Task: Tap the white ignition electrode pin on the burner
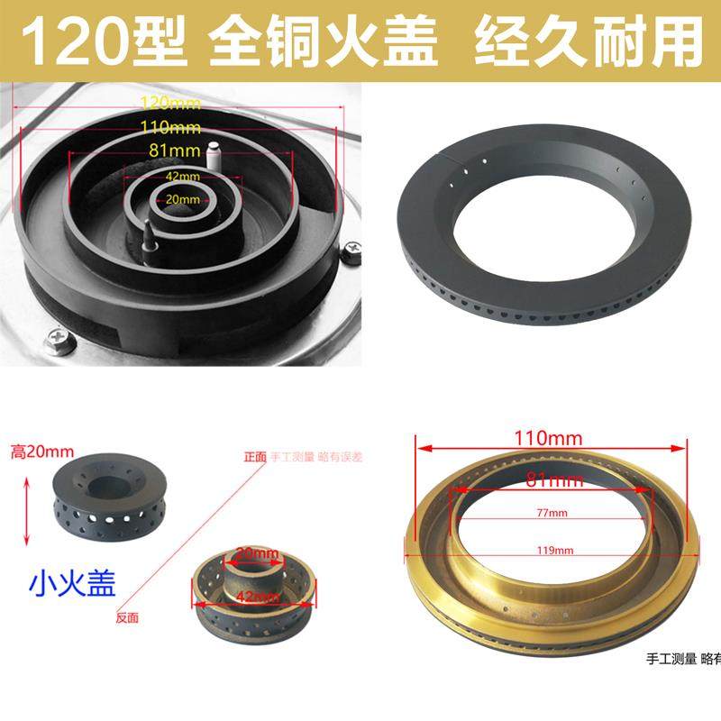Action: pos(214,154)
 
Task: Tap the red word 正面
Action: pos(256,457)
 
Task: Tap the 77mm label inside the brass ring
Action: pos(546,513)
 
